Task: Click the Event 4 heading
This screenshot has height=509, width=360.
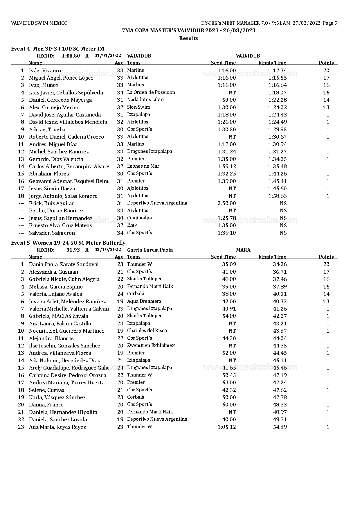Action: (x=57, y=49)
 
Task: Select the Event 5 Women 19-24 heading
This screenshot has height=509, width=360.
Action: (x=68, y=243)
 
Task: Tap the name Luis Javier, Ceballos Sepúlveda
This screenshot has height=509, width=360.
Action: (x=66, y=93)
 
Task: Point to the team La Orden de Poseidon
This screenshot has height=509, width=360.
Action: (x=151, y=92)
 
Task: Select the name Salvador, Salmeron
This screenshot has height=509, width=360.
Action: (x=52, y=233)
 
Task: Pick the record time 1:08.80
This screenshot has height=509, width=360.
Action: (x=71, y=56)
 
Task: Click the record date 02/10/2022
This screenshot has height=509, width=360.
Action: (x=107, y=250)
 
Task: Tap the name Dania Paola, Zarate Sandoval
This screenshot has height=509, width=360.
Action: (x=64, y=264)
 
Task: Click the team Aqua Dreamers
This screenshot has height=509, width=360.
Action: (x=144, y=301)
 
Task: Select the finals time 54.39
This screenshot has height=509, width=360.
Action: (x=280, y=427)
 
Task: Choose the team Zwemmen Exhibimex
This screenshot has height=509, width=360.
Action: (x=151, y=345)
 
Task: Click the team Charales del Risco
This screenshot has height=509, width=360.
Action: (x=147, y=331)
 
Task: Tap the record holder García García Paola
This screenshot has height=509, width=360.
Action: (x=150, y=250)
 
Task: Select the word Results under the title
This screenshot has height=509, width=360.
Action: (x=189, y=38)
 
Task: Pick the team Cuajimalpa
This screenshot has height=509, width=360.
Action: (x=139, y=218)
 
